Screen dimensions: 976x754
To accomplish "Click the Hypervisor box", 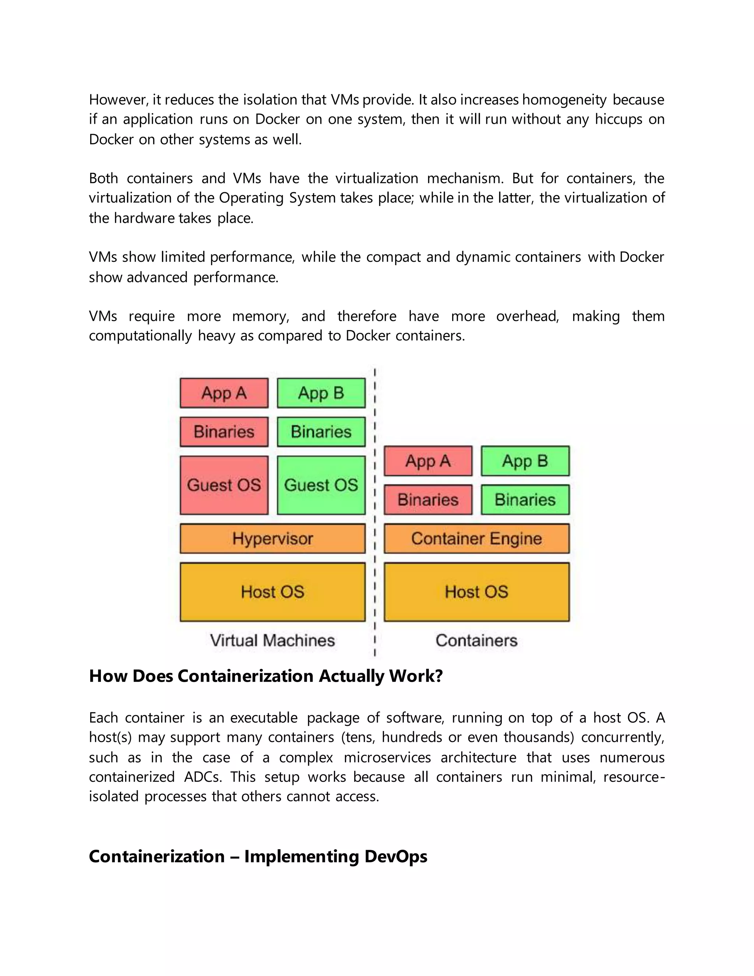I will coord(272,538).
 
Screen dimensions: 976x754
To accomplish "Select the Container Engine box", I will coord(477,538).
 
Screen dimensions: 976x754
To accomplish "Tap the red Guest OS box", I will coord(224,485).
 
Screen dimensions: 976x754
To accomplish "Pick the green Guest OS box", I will coord(321,485).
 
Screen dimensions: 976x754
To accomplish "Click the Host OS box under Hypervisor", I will coord(272,592).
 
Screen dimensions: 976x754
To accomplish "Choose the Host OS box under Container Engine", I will coord(477,592).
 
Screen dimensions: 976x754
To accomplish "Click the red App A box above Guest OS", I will coord(224,393).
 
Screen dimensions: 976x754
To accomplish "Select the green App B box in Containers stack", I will coord(525,461).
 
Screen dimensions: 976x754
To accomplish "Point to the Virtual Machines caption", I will coord(272,640).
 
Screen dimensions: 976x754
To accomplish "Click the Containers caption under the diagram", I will coord(477,640).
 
